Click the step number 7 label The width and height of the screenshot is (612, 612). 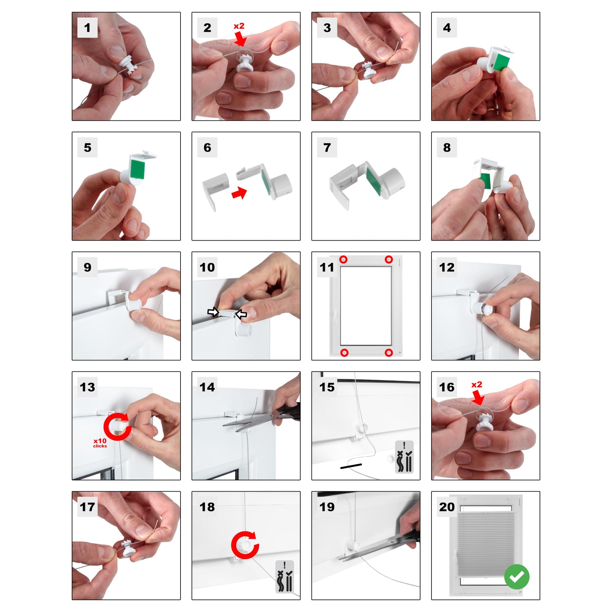[x=327, y=147]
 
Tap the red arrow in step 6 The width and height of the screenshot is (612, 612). [x=239, y=192]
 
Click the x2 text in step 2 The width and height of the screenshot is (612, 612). [x=239, y=26]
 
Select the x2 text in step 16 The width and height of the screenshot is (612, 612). [x=477, y=385]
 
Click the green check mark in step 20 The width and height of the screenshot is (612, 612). [x=517, y=577]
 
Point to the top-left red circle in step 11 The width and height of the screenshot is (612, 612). [x=343, y=260]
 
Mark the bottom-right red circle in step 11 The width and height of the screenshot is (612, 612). [x=389, y=353]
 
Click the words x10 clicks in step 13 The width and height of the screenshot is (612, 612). [x=100, y=443]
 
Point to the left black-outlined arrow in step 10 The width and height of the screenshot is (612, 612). [x=213, y=312]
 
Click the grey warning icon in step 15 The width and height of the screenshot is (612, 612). [x=404, y=457]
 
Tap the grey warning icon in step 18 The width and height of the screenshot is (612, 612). [x=285, y=577]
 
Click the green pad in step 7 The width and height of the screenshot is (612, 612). [x=374, y=181]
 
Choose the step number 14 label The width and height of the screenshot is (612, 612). [x=207, y=387]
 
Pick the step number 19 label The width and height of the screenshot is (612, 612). [x=327, y=507]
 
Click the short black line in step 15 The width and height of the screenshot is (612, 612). [x=351, y=466]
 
